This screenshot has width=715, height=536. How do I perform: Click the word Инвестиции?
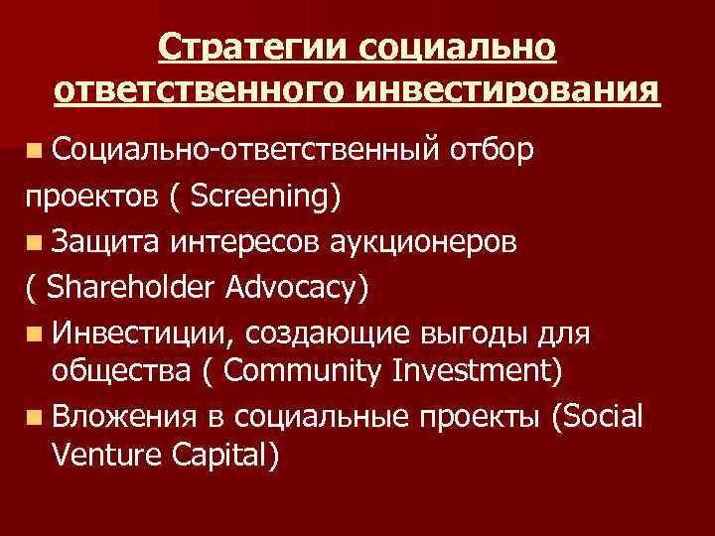click(125, 333)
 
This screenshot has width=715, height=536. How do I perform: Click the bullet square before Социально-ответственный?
click(35, 153)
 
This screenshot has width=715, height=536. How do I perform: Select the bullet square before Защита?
click(35, 242)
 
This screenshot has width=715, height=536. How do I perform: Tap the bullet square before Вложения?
click(35, 417)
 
